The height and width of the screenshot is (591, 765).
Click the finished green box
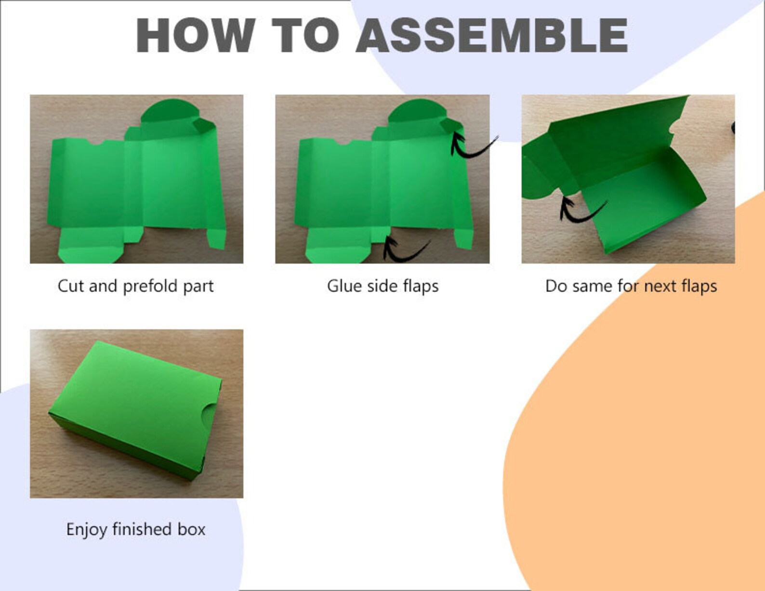(x=135, y=410)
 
